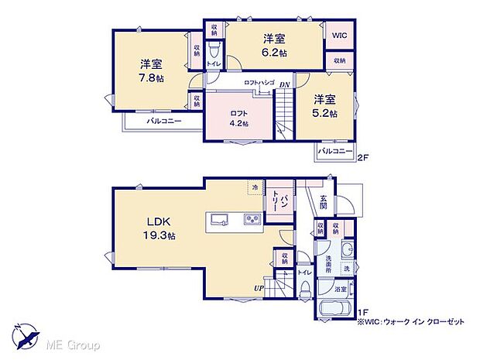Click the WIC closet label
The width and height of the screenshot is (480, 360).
click(339, 35)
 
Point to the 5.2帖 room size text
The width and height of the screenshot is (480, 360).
click(325, 113)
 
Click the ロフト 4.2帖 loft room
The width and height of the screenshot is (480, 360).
click(238, 118)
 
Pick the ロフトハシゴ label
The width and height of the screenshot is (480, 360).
click(255, 83)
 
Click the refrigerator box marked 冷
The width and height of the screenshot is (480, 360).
click(254, 187)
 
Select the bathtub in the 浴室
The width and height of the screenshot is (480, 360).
click(333, 307)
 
